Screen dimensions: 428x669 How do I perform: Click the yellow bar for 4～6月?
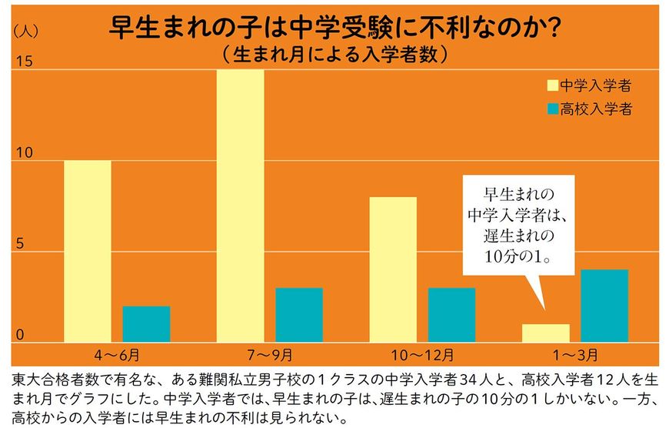pos(87,251)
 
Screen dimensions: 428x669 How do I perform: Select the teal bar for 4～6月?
pos(146,324)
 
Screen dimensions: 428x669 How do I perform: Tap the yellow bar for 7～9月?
pos(240,206)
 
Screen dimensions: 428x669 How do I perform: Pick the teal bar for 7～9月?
pos(299,315)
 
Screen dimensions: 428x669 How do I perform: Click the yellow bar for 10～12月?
pos(393,269)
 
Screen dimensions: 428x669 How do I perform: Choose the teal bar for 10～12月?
pos(451,315)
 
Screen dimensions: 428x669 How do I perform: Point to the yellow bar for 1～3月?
pos(546,333)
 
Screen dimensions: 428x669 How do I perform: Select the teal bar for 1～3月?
pos(604,306)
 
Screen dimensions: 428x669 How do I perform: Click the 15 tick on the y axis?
pos(25,62)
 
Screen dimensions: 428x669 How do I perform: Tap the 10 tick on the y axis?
pos(25,153)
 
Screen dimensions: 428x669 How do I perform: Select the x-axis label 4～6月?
pos(118,356)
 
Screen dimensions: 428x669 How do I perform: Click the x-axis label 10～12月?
pos(423,356)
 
